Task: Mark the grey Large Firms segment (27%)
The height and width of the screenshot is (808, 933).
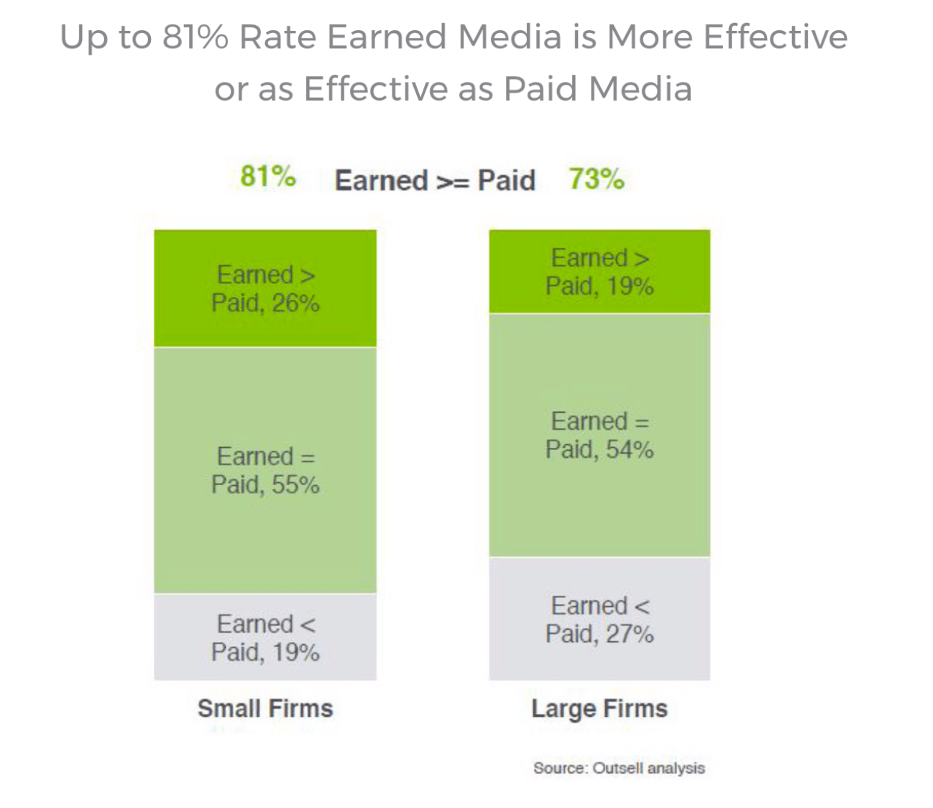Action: coord(599,661)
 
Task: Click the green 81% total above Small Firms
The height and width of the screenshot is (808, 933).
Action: coord(267,176)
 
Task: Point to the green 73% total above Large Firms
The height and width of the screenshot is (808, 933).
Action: coord(596,178)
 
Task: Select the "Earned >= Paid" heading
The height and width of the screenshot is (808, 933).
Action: coord(435,180)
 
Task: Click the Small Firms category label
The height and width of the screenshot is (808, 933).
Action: coord(265,708)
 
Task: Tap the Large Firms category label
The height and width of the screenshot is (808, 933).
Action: coord(599,709)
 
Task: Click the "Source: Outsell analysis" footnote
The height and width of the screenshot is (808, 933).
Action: coord(619,768)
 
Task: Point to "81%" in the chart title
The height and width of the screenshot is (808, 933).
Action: coord(195,37)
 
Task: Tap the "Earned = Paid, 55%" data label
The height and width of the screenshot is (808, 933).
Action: coord(265,470)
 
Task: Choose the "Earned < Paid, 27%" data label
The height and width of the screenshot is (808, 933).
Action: coord(599,620)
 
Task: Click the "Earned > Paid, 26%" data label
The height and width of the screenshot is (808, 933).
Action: coord(265,288)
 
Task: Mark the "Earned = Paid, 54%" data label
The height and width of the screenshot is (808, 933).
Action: coord(599,435)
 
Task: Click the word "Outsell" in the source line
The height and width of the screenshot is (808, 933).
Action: coord(618,768)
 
